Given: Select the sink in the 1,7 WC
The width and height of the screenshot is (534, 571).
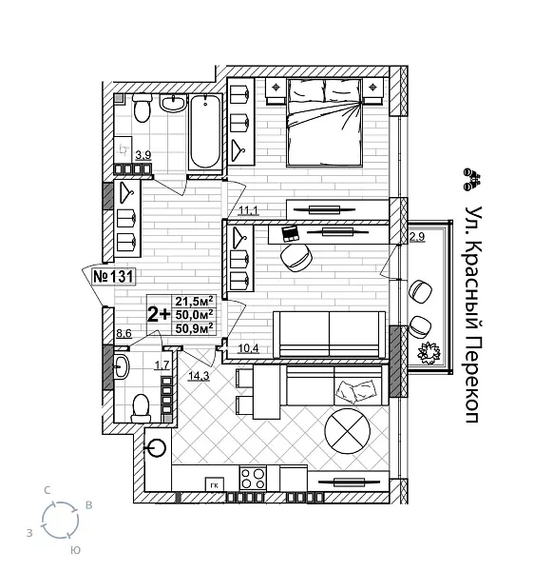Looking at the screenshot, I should (122, 367).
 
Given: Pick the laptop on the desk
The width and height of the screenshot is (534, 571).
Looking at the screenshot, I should (291, 231).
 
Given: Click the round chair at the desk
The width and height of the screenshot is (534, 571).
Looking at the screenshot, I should (298, 257).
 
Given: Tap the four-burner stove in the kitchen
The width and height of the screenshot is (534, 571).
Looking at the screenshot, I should (253, 478).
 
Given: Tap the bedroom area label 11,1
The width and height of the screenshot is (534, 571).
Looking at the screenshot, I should (249, 210).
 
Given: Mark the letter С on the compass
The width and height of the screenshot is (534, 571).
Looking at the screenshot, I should (48, 489).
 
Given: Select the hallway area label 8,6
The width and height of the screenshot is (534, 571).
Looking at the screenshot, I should (124, 334).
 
